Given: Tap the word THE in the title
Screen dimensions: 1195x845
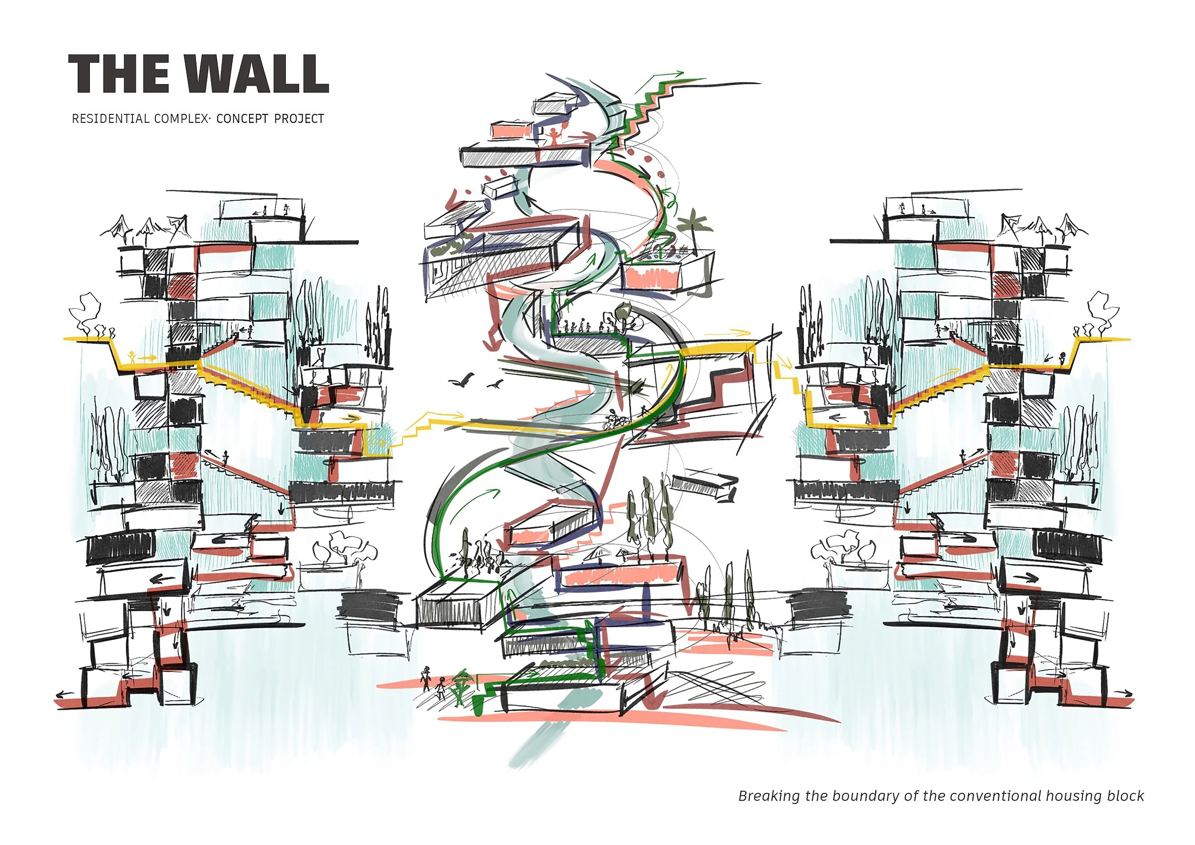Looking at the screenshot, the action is [x=119, y=74].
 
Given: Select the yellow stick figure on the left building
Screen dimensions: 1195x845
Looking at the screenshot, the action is [x=132, y=357].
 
